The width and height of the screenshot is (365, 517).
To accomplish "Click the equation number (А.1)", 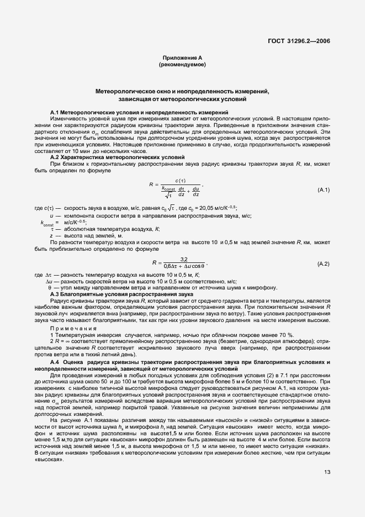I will (x=323, y=190).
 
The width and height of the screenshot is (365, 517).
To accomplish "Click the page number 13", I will (x=327, y=471).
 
